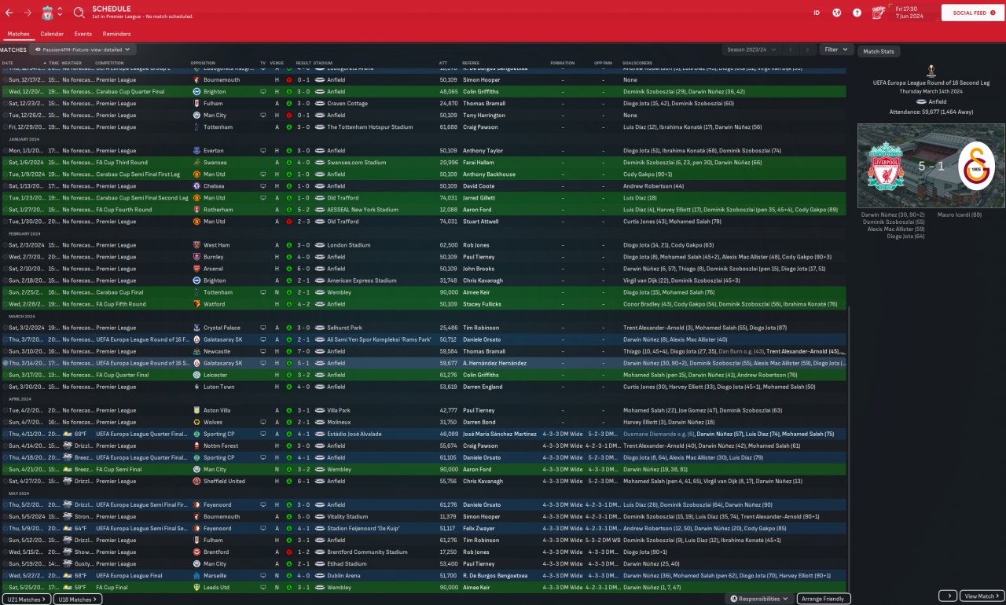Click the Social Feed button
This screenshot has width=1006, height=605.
click(972, 13)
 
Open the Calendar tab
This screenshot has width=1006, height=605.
click(52, 34)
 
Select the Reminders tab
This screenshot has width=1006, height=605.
click(116, 34)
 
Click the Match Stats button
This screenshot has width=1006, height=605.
click(878, 51)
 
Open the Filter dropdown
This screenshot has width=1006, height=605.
click(835, 49)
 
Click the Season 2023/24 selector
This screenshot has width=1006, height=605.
click(751, 49)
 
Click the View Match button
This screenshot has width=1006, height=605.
click(982, 596)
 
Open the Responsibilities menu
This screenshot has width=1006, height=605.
click(759, 599)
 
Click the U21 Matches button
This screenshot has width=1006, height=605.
click(26, 599)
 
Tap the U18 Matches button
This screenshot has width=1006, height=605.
click(78, 599)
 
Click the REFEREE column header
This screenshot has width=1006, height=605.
click(471, 63)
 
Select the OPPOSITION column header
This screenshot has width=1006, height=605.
click(205, 63)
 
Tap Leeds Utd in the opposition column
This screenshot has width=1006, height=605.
click(216, 587)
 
